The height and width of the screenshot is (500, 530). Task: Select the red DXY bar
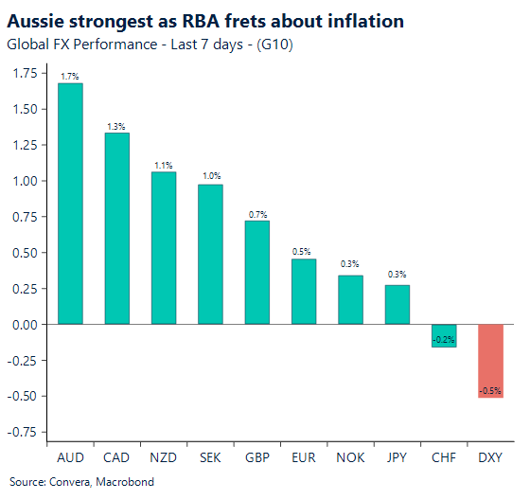(x=490, y=361)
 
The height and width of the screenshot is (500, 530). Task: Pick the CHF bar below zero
(x=444, y=335)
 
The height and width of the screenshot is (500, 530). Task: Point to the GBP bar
(x=257, y=272)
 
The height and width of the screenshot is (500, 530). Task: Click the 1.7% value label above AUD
(x=70, y=75)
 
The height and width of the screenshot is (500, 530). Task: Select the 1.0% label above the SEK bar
(x=210, y=176)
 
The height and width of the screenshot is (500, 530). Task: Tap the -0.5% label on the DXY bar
(x=490, y=390)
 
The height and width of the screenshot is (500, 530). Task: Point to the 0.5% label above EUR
(x=304, y=251)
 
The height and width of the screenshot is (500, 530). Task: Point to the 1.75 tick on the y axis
(x=25, y=73)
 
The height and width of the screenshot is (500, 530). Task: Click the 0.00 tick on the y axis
(x=25, y=325)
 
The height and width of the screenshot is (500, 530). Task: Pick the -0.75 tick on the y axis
(x=23, y=432)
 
